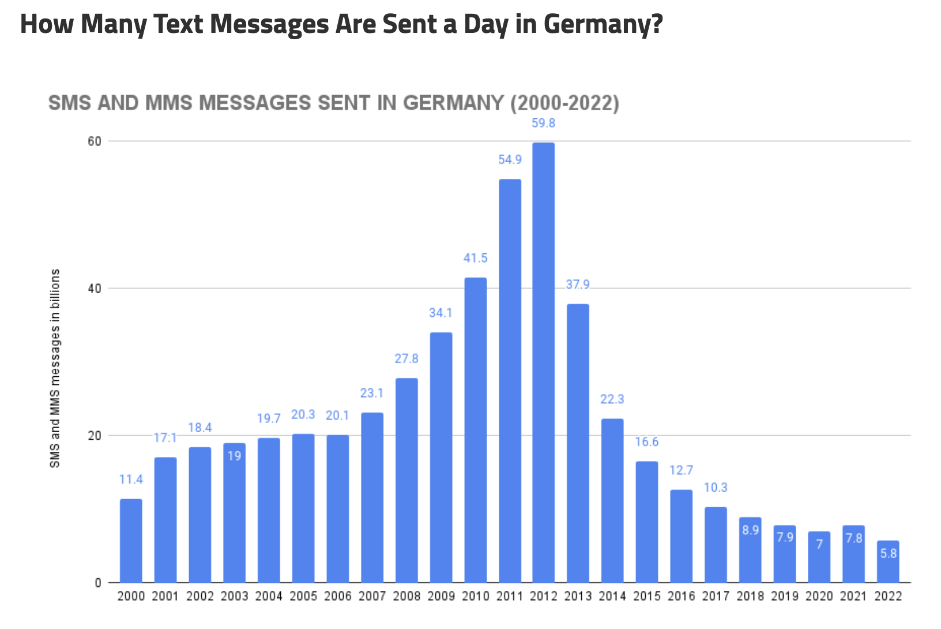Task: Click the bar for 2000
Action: pyautogui.click(x=131, y=541)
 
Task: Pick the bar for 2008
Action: pyautogui.click(x=406, y=480)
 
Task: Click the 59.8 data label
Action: pyautogui.click(x=543, y=123)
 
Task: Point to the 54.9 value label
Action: pyautogui.click(x=510, y=159)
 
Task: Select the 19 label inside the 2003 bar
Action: pyautogui.click(x=234, y=456)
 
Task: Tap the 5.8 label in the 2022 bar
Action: pyautogui.click(x=888, y=553)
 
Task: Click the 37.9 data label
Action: pyautogui.click(x=578, y=284)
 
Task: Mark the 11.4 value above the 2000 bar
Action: pyautogui.click(x=131, y=480)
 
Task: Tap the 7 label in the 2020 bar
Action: pyautogui.click(x=819, y=544)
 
